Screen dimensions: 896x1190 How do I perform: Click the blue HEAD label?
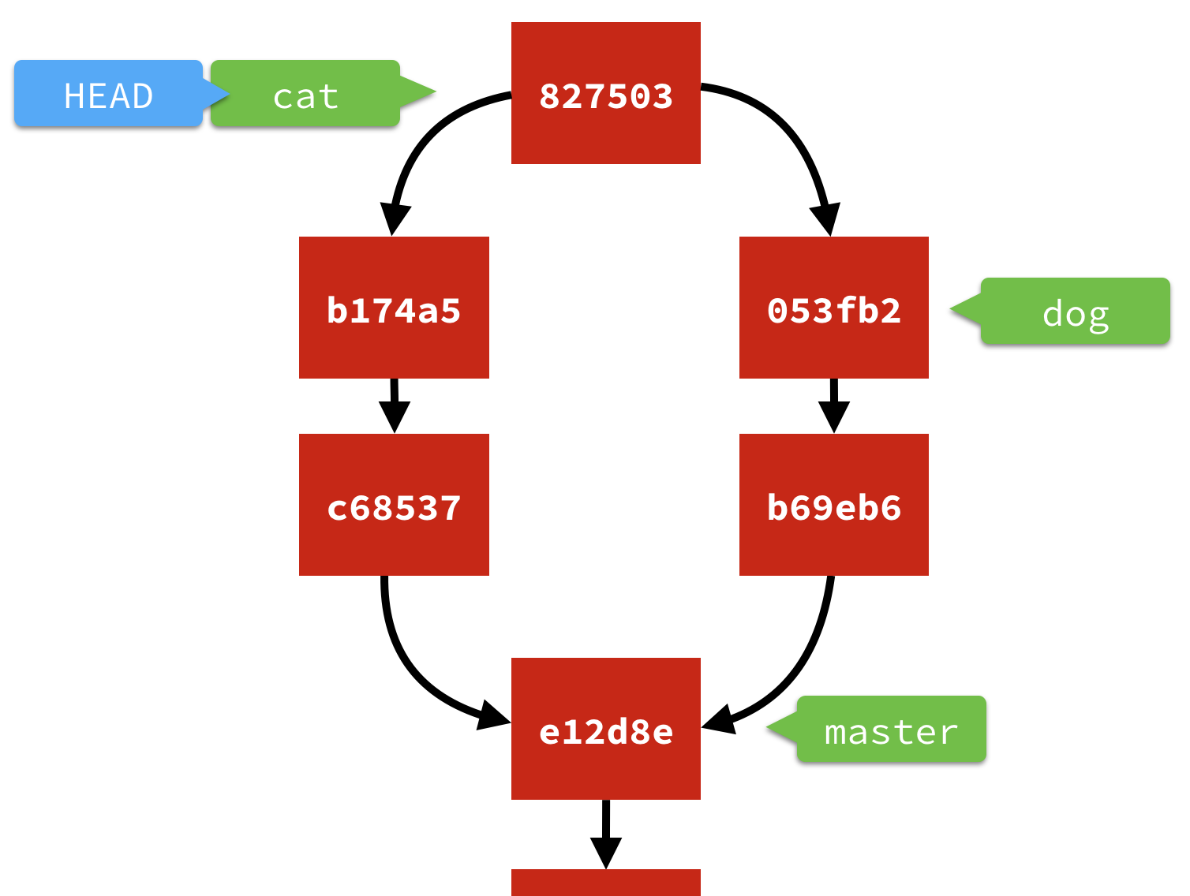click(108, 94)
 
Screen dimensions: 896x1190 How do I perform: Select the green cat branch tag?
click(305, 94)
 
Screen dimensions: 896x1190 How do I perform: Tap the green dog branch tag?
click(1075, 312)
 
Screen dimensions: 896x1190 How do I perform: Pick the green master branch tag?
click(891, 730)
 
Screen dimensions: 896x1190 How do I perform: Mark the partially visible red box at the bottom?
click(605, 883)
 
